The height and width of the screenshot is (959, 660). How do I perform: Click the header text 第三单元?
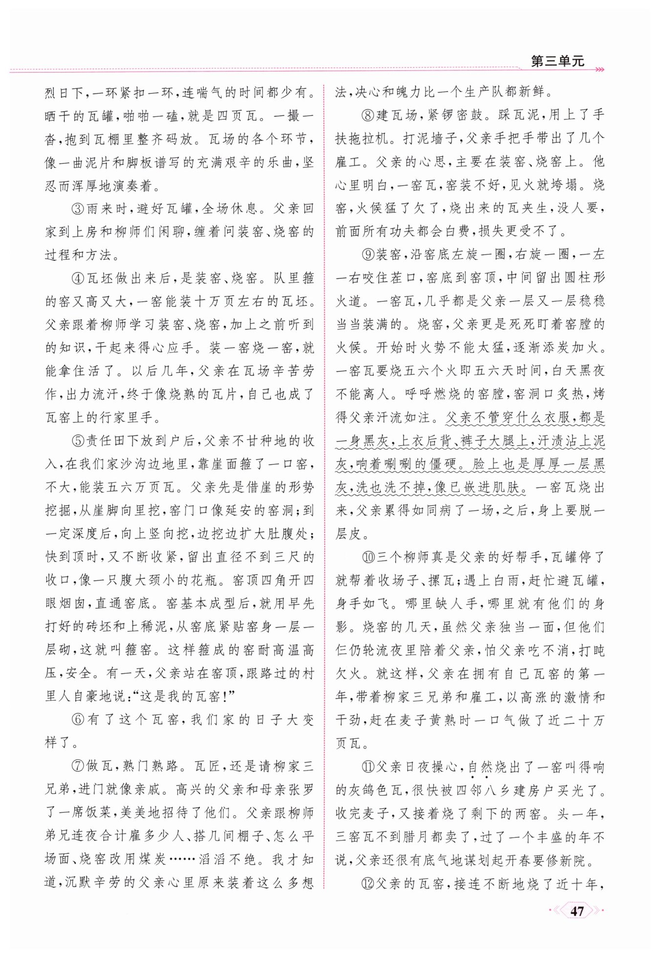(557, 61)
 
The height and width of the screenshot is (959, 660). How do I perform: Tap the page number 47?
(577, 911)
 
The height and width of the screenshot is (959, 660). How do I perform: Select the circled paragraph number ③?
(79, 209)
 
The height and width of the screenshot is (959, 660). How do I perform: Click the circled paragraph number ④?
(79, 278)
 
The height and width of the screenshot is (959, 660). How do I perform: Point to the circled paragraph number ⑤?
(79, 441)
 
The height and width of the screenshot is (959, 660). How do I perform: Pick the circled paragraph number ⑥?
(79, 720)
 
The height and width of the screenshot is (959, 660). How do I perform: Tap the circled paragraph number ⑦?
(79, 766)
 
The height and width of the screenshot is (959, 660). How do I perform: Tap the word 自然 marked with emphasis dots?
(480, 767)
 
